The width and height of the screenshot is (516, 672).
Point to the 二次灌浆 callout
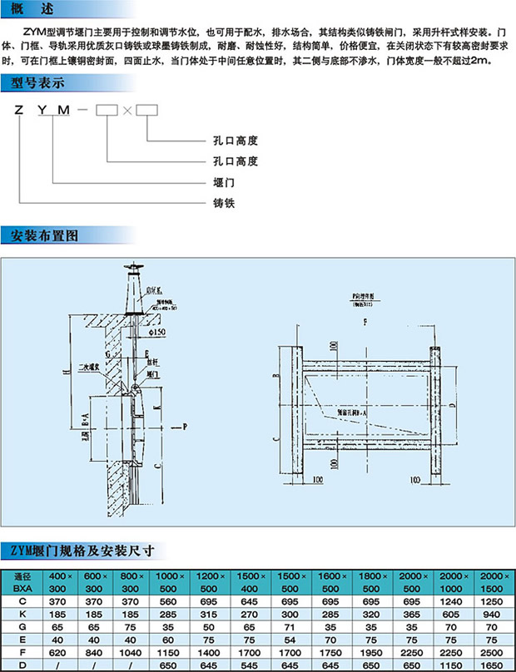(x=89, y=365)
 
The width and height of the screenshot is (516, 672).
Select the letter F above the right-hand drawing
(x=365, y=319)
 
